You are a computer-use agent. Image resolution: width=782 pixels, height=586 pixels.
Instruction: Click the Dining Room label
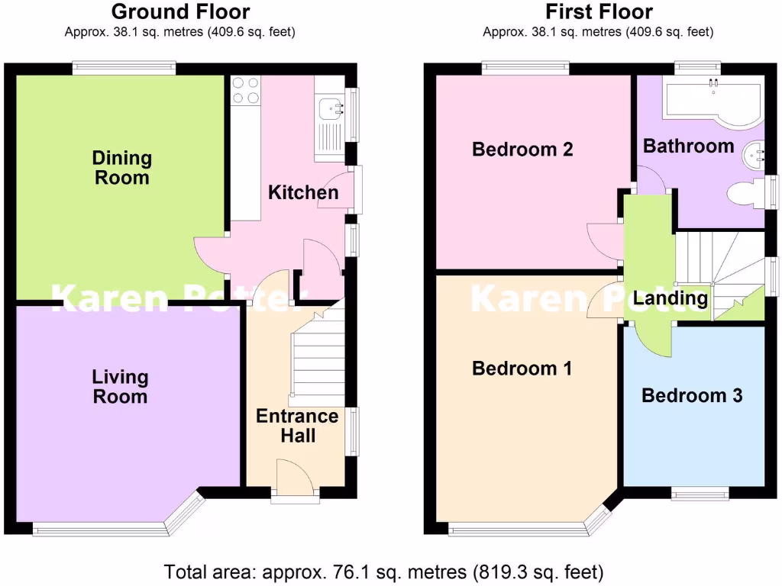(122, 168)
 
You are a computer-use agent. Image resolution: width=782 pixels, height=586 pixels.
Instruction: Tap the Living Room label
(120, 386)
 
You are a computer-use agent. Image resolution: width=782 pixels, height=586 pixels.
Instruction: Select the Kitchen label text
(303, 192)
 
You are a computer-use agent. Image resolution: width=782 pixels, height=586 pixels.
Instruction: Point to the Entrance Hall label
(297, 426)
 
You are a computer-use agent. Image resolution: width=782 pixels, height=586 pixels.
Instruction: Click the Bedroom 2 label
(522, 149)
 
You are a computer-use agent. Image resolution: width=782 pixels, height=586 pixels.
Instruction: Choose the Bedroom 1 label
(522, 369)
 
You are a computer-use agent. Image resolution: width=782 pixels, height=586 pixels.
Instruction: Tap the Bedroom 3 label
(692, 395)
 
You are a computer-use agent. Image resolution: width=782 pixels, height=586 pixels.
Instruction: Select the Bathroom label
(688, 146)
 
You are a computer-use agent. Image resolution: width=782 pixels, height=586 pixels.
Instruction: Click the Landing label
(671, 298)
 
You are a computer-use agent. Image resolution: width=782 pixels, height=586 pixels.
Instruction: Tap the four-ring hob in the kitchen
(245, 90)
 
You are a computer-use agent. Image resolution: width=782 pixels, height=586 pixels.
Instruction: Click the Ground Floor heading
(180, 12)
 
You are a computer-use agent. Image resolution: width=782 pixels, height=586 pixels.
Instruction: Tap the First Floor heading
(598, 12)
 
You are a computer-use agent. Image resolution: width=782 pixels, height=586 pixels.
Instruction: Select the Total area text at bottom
(384, 571)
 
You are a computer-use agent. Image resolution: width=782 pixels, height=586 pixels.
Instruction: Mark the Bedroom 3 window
(700, 493)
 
